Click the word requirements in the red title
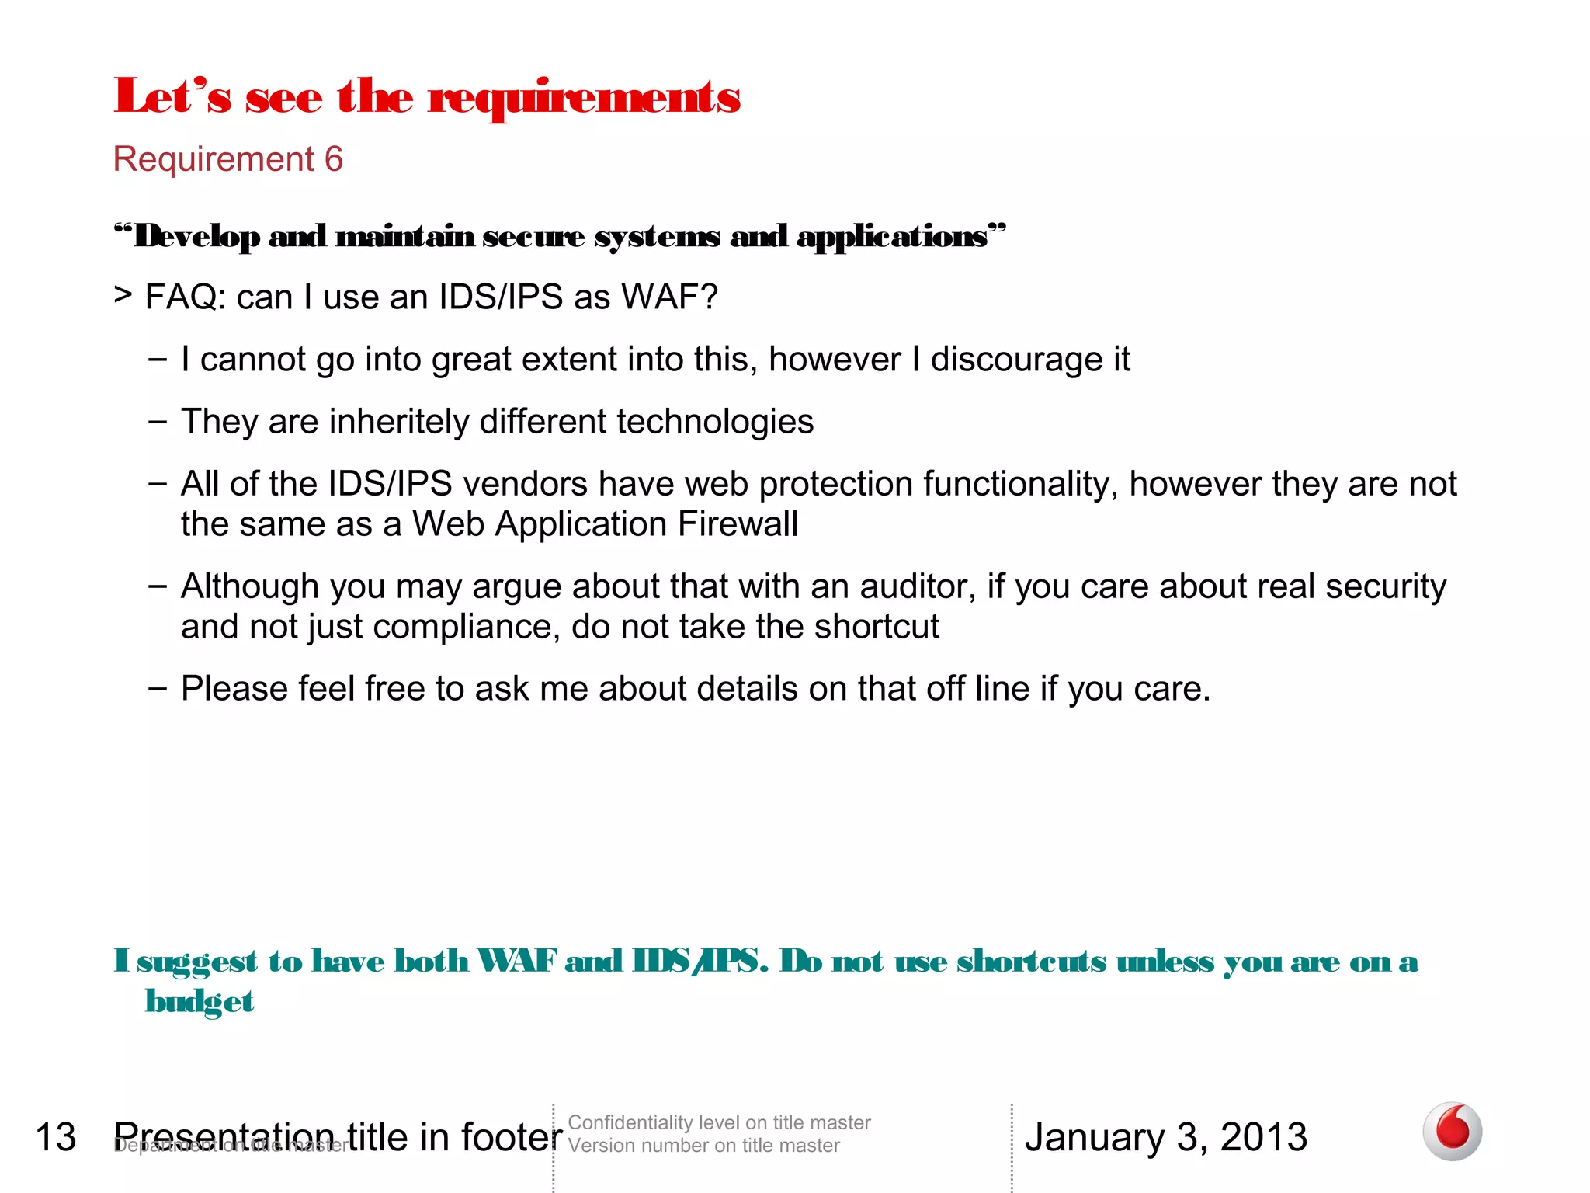(x=584, y=99)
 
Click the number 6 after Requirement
(x=334, y=159)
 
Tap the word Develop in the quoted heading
(x=197, y=236)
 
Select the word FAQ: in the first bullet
(x=186, y=297)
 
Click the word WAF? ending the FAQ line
(x=670, y=297)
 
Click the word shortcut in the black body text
(x=877, y=627)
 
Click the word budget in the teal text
(x=200, y=1002)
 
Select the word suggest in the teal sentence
(x=197, y=962)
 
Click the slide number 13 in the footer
(x=56, y=1137)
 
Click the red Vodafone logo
(x=1452, y=1131)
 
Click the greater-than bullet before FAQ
(x=123, y=295)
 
